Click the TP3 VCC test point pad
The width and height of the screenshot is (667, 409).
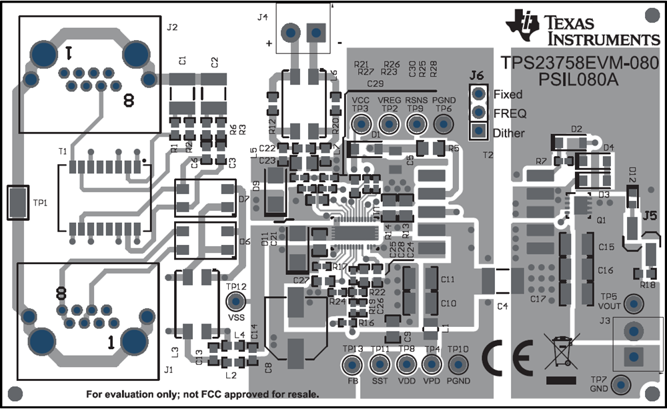coord(361,123)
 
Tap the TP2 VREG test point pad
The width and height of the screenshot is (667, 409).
coord(389,123)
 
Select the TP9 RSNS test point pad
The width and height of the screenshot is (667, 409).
coord(416,123)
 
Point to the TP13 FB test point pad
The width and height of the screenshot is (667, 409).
coord(352,365)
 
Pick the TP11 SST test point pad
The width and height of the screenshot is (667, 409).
coord(380,365)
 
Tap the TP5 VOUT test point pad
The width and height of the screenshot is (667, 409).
coord(635,303)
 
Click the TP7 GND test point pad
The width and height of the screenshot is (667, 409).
coord(621,384)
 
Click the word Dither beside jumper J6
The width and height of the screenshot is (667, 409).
coord(509,133)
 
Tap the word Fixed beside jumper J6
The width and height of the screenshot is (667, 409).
coord(508,95)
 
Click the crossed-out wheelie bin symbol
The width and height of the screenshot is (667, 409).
coord(560,352)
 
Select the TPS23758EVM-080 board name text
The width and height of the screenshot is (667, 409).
coord(580,63)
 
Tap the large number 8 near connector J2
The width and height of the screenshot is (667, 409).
coord(128,101)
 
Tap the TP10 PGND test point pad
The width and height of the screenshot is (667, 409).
coord(458,365)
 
